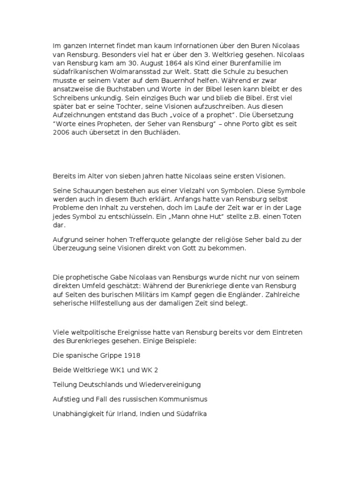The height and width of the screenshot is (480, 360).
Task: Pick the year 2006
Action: coord(61,133)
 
